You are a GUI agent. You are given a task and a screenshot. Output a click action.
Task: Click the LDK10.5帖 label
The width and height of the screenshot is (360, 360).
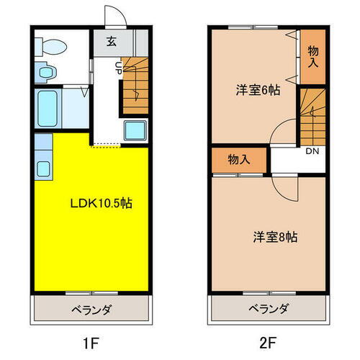(100, 203)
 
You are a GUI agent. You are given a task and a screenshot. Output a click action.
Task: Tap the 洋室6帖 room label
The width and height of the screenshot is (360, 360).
(257, 91)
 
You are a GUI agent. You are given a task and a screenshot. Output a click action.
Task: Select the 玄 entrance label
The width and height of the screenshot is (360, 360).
(112, 41)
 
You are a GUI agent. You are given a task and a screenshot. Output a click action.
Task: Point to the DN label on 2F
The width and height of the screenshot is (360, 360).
(312, 151)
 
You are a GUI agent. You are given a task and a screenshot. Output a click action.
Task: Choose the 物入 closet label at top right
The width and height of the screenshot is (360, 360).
(312, 55)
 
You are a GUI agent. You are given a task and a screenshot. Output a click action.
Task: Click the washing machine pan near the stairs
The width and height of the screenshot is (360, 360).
(135, 131)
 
